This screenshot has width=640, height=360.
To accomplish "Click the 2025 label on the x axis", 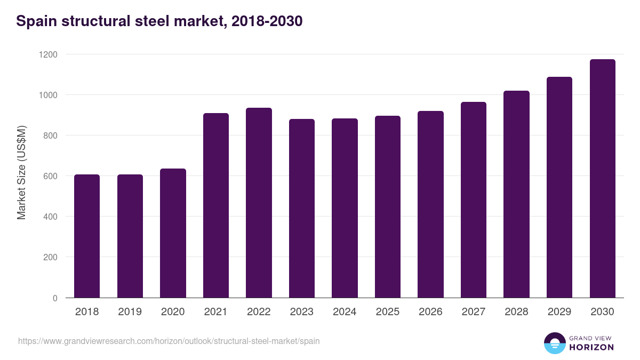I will [x=387, y=312].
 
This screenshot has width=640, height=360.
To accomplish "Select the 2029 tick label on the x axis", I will [x=559, y=312].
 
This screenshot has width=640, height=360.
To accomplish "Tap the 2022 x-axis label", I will [x=259, y=312].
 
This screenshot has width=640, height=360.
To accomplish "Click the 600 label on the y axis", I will [x=50, y=176].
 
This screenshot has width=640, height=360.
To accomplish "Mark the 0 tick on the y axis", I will [x=55, y=298].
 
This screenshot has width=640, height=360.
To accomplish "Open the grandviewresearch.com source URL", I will [x=169, y=341].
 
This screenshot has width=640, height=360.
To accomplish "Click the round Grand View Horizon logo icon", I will [x=555, y=343].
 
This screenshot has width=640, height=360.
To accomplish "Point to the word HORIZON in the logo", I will [x=591, y=347].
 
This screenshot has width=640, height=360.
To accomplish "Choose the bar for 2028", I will [x=516, y=194].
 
